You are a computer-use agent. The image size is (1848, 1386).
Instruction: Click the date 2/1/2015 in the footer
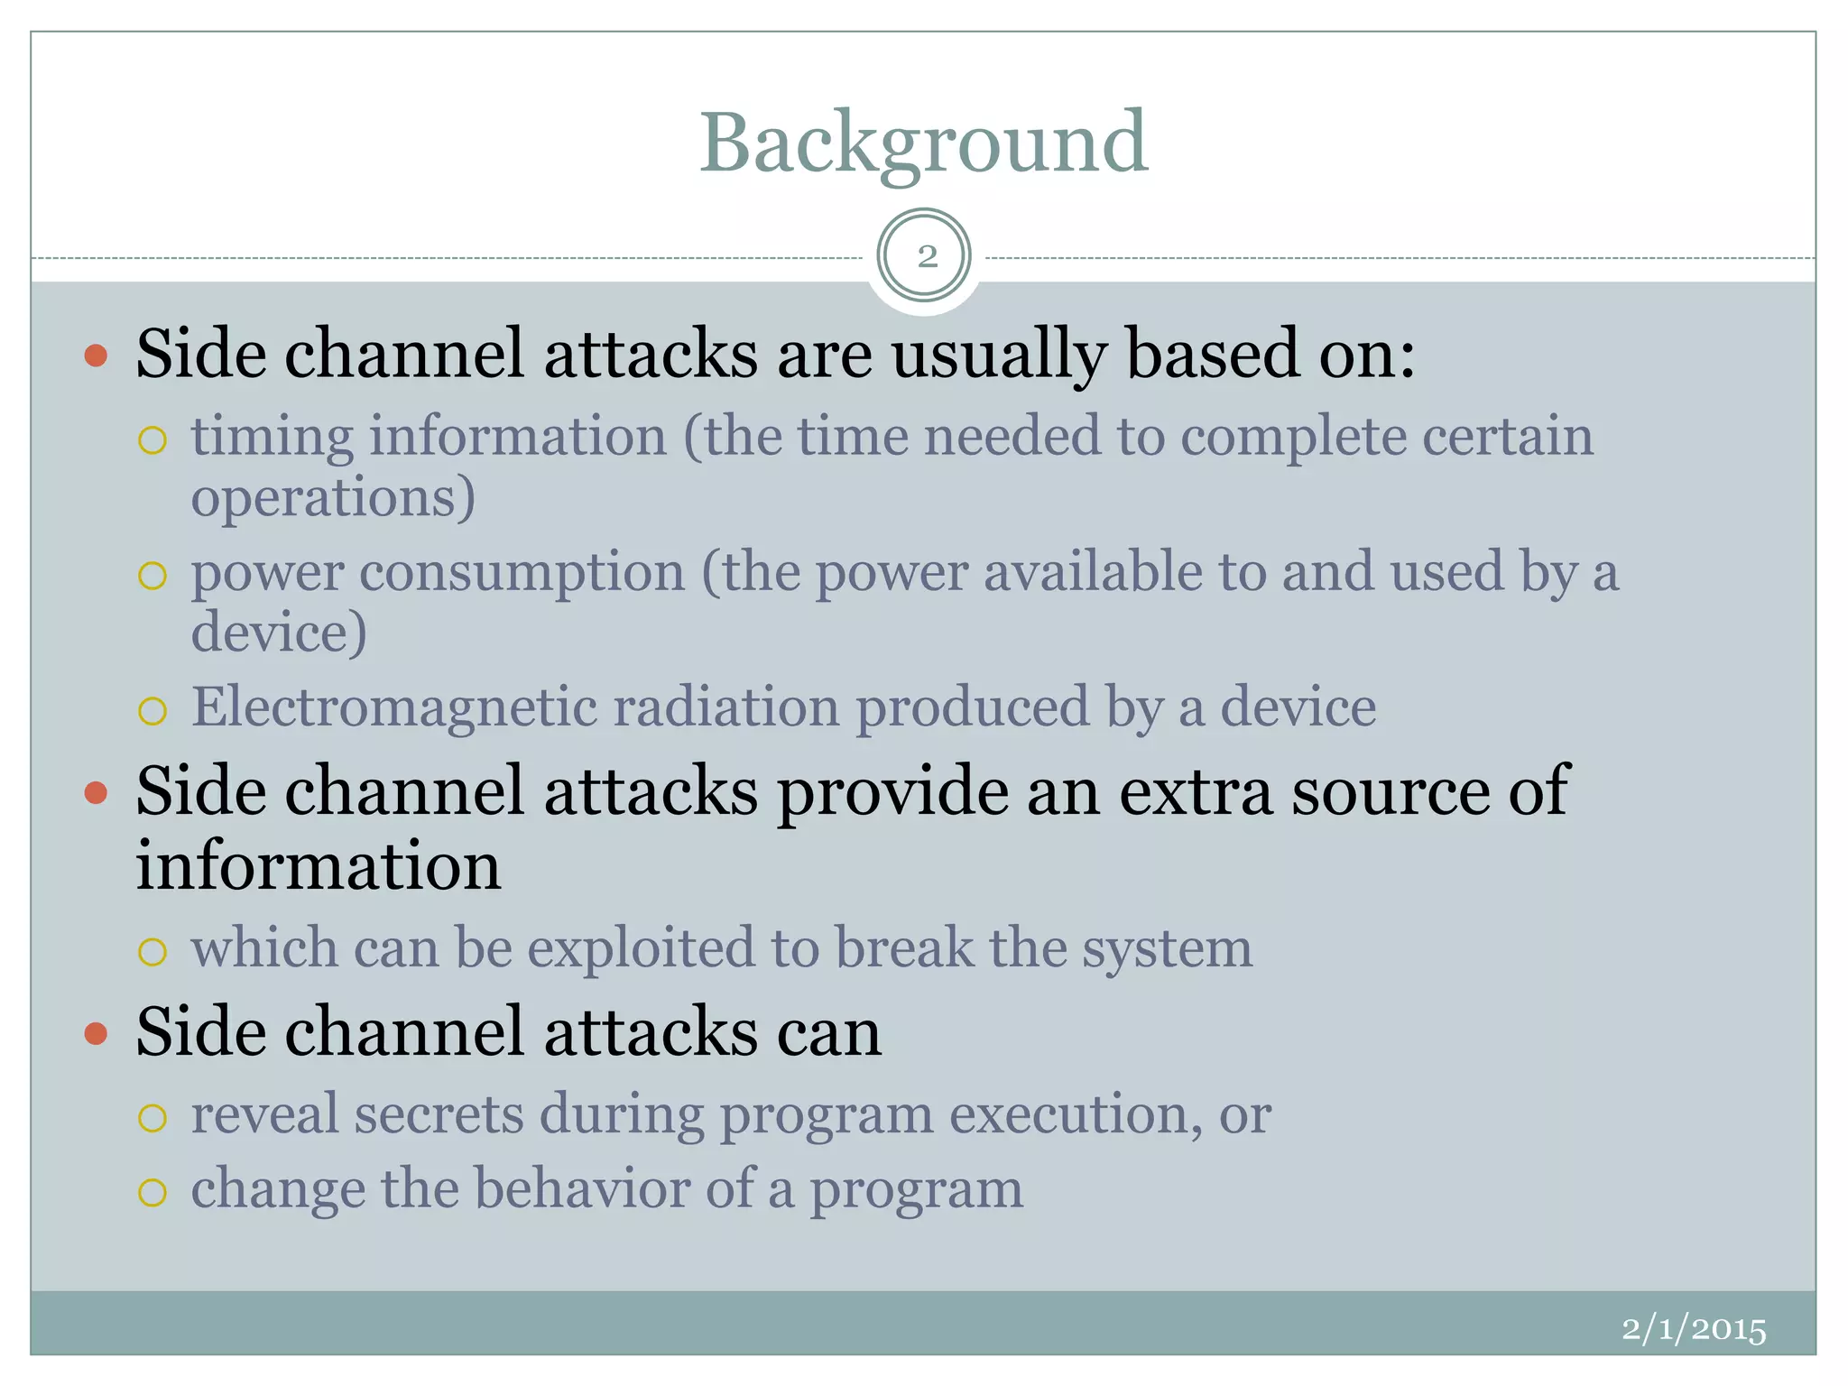click(1693, 1329)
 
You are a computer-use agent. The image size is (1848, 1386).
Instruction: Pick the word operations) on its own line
click(332, 497)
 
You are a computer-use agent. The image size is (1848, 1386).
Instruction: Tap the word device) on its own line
click(279, 632)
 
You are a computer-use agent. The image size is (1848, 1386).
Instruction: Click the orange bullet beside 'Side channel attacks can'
click(96, 1033)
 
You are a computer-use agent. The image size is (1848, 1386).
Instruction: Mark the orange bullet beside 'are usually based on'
click(96, 356)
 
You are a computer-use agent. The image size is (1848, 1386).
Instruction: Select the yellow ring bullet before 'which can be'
click(152, 952)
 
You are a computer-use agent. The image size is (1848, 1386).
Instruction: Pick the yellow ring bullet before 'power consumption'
click(152, 576)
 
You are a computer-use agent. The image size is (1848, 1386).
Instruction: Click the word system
click(1167, 948)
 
